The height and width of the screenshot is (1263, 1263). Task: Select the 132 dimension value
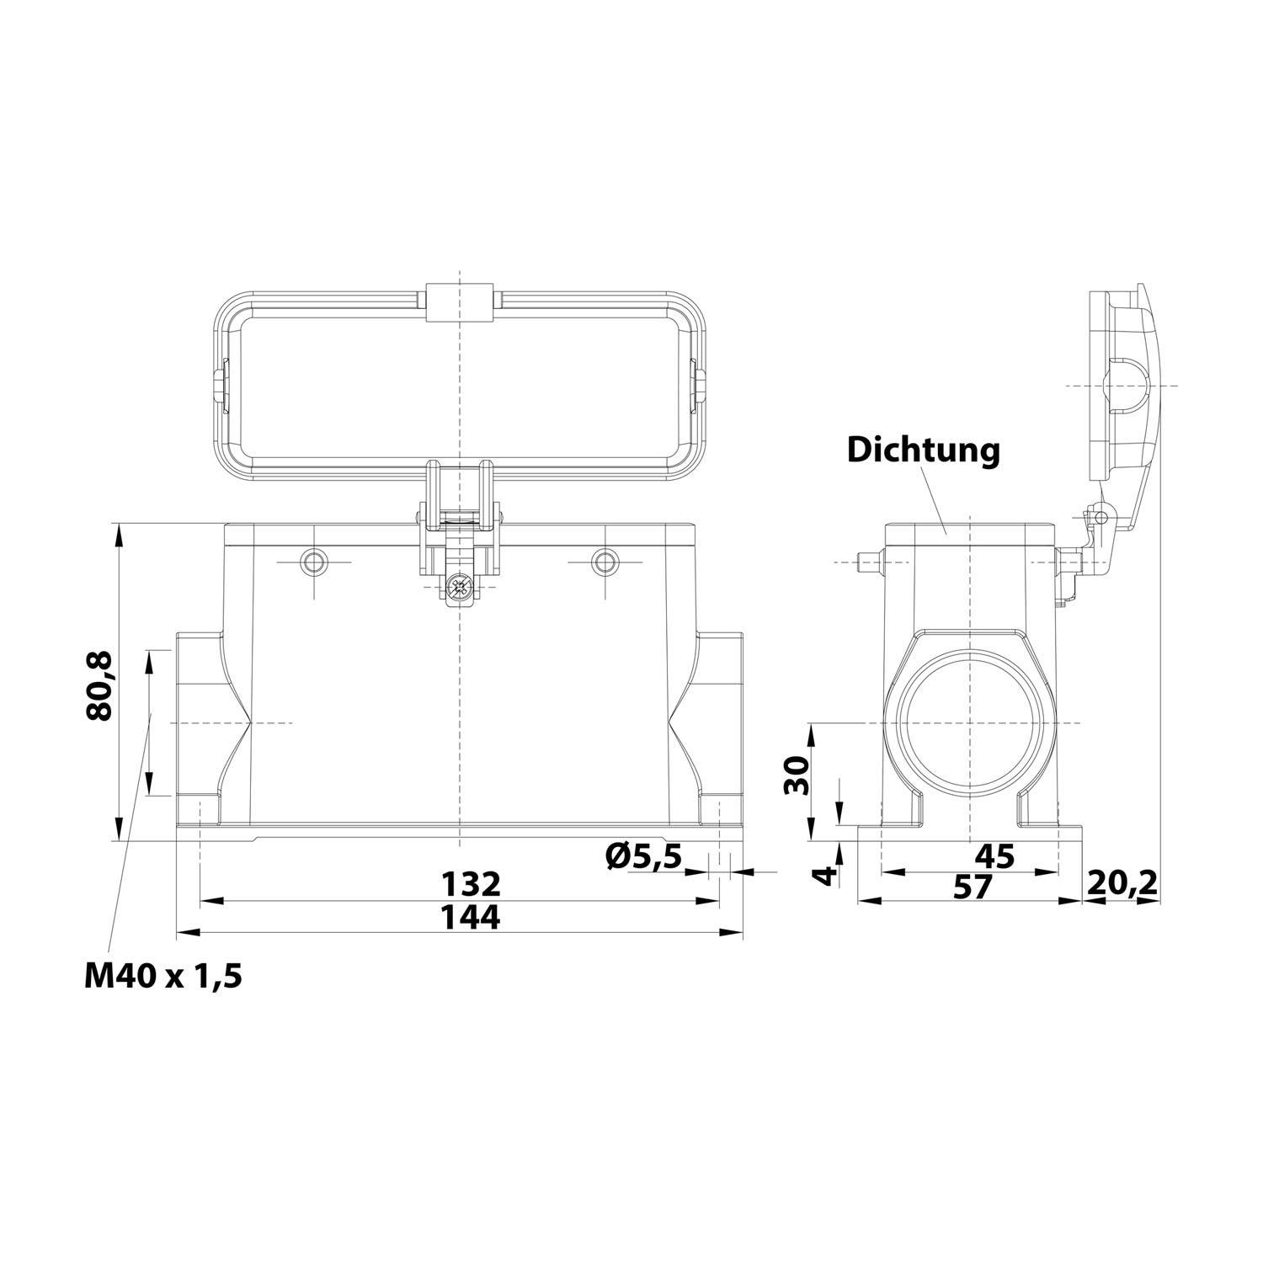(472, 883)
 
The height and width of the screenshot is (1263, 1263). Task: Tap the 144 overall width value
(472, 917)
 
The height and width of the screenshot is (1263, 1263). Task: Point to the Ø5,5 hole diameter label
(643, 858)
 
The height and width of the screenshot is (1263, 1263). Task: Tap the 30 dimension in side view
(797, 775)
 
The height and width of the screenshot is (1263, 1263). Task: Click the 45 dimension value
(994, 857)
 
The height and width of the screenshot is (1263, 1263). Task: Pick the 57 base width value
(972, 886)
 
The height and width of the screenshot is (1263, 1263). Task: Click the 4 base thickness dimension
(829, 875)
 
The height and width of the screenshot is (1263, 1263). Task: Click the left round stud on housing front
(315, 562)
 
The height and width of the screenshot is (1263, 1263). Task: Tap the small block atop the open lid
(460, 302)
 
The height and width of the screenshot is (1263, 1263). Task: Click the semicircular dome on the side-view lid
(1126, 385)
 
